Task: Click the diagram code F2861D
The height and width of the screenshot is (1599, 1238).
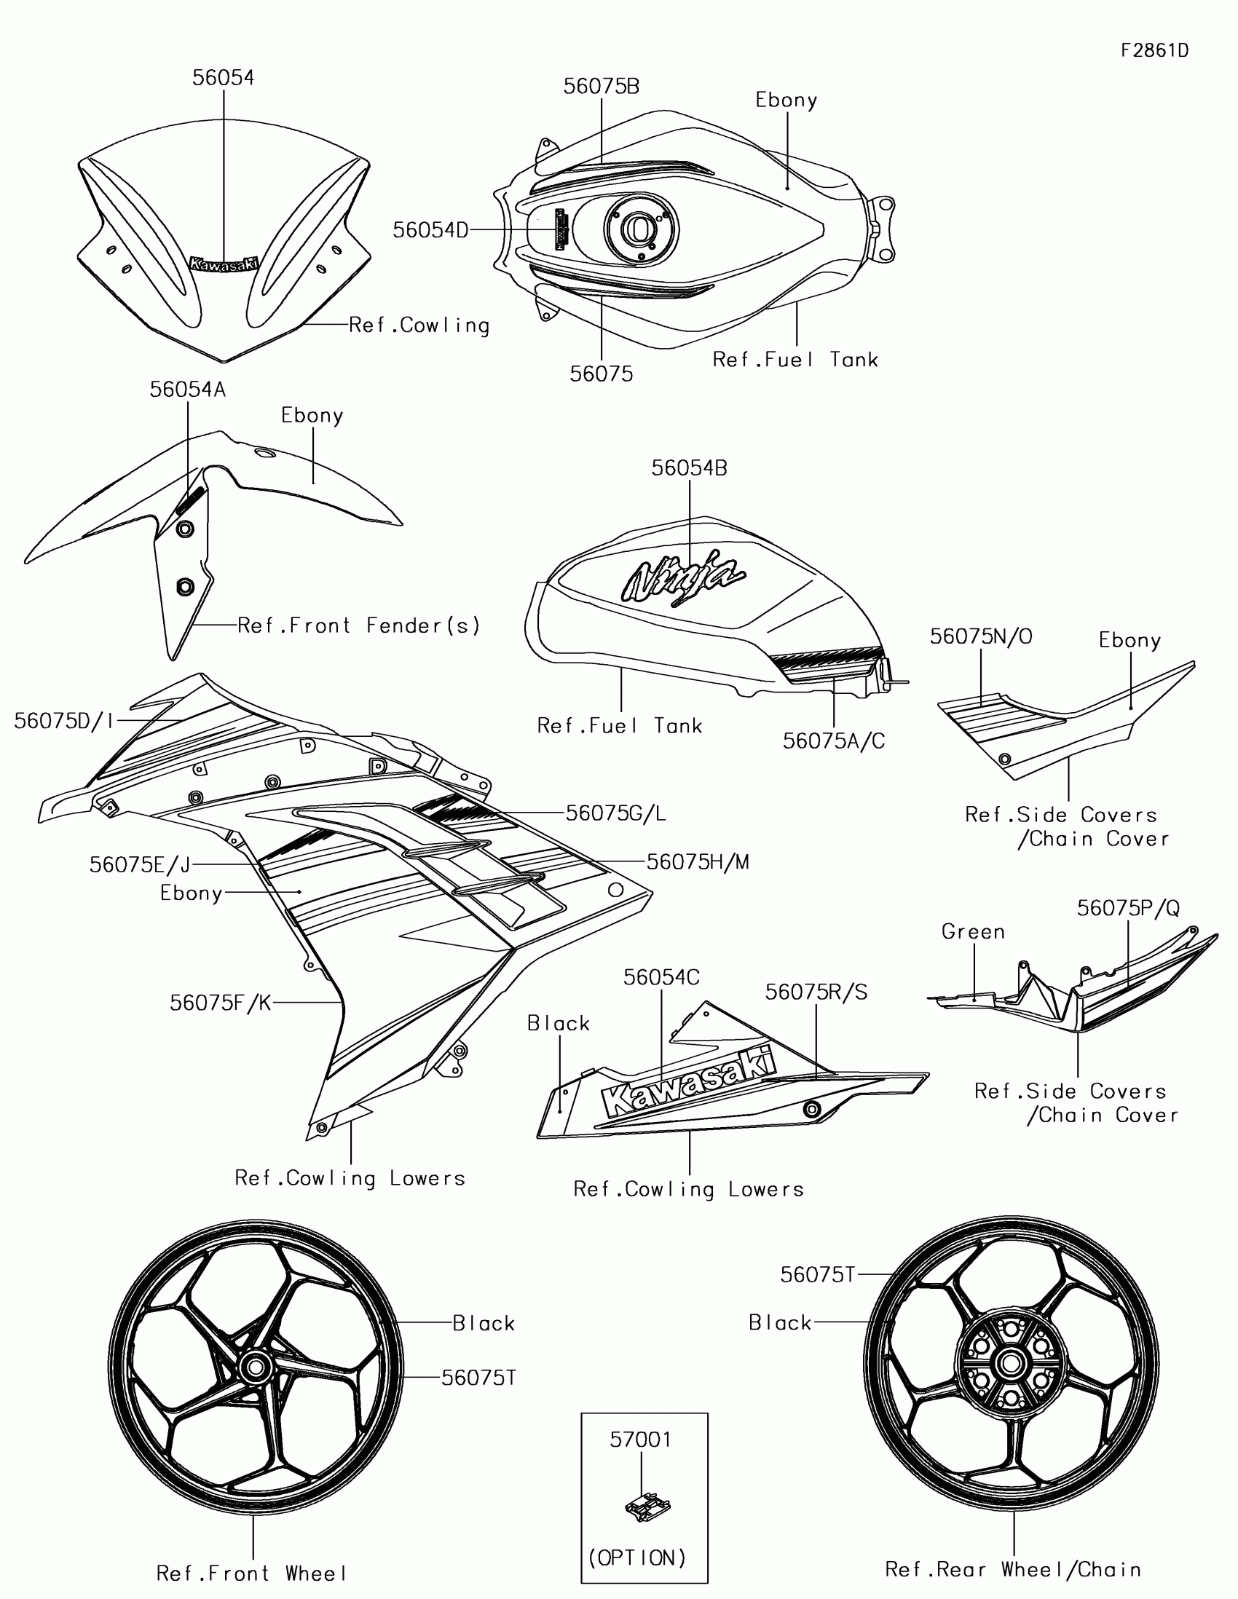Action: click(x=1154, y=50)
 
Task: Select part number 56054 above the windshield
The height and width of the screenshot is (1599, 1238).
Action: click(x=224, y=78)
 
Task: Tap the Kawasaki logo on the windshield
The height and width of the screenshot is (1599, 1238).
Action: click(x=224, y=264)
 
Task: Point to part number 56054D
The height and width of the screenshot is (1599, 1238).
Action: click(x=430, y=230)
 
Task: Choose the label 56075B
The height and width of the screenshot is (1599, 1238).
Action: click(x=601, y=87)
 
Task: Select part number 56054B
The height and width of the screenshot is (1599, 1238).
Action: click(x=690, y=468)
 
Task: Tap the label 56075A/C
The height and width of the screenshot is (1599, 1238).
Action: click(x=834, y=741)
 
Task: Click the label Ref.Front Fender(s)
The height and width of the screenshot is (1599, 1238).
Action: click(x=359, y=625)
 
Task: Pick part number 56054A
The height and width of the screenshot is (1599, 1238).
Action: click(x=187, y=390)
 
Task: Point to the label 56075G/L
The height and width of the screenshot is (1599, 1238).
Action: click(x=615, y=813)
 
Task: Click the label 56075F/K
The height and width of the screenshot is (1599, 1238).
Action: click(x=221, y=1003)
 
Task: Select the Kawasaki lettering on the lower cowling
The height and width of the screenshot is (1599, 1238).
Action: click(x=688, y=1081)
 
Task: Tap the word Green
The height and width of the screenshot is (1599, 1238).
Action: click(x=973, y=932)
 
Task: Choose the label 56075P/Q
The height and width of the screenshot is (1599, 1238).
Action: click(x=1128, y=908)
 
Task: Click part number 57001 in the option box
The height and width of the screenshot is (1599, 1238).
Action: click(x=641, y=1440)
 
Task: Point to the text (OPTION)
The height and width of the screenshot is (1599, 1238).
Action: click(x=637, y=1557)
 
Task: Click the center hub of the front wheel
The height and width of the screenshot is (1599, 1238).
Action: click(x=255, y=1365)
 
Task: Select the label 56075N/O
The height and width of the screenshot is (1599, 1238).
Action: click(x=981, y=636)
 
